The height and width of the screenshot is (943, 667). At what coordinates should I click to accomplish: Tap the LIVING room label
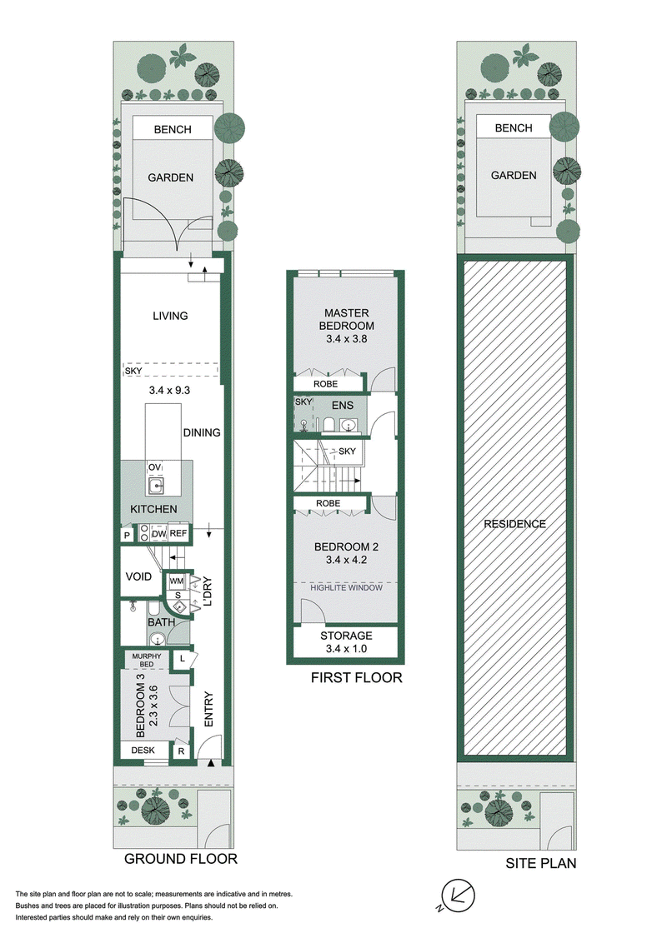pyautogui.click(x=170, y=316)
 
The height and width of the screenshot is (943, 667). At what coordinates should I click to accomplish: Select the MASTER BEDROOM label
pyautogui.click(x=346, y=319)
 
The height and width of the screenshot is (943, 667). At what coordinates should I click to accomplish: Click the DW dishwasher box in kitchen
pyautogui.click(x=159, y=533)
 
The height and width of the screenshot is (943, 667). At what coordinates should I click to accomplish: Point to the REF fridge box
pyautogui.click(x=178, y=533)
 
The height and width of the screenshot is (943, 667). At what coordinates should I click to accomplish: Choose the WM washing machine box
pyautogui.click(x=177, y=581)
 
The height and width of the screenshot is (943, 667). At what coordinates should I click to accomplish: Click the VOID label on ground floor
pyautogui.click(x=138, y=576)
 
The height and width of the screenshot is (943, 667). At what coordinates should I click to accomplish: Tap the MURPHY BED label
pyautogui.click(x=147, y=660)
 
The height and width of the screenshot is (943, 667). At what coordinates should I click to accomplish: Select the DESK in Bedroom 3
pyautogui.click(x=143, y=750)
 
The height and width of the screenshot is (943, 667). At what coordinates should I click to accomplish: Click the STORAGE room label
pyautogui.click(x=346, y=636)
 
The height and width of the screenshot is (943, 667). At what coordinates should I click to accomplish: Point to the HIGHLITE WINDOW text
pyautogui.click(x=346, y=587)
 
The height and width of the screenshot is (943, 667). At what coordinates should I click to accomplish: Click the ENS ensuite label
pyautogui.click(x=343, y=406)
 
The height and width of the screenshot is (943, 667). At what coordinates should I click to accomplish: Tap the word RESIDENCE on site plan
pyautogui.click(x=514, y=524)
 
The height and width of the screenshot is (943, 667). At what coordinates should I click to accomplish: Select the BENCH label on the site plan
pyautogui.click(x=514, y=128)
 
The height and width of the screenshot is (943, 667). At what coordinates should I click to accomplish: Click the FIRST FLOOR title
pyautogui.click(x=356, y=678)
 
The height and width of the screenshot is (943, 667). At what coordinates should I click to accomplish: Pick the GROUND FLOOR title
pyautogui.click(x=181, y=859)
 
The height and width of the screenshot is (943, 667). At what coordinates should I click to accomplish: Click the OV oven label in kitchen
pyautogui.click(x=154, y=467)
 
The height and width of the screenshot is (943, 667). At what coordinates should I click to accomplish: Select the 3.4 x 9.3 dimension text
pyautogui.click(x=170, y=391)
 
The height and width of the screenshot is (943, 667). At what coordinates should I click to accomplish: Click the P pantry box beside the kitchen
pyautogui.click(x=127, y=535)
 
